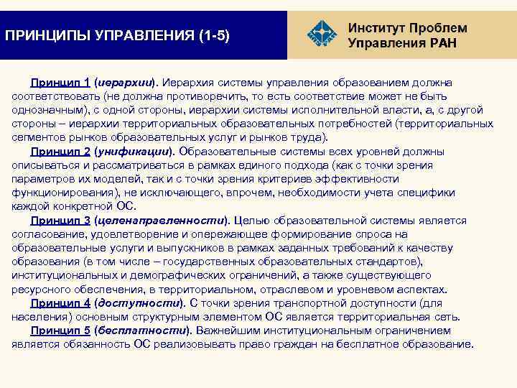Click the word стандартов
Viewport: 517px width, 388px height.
coord(396,262)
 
